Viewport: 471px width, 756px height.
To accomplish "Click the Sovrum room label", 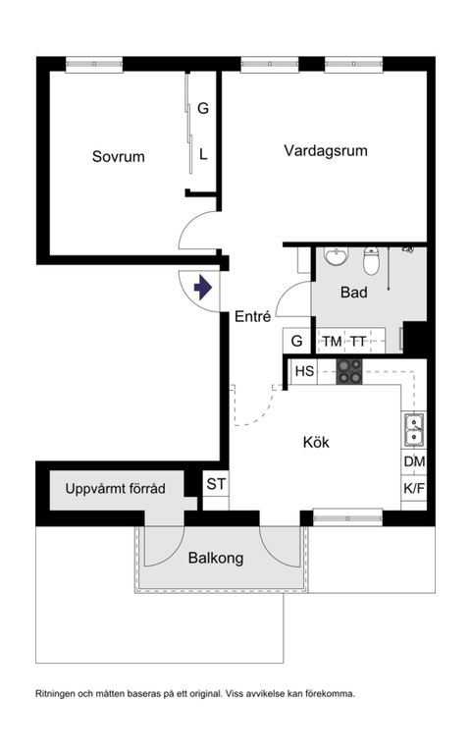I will pos(119,156).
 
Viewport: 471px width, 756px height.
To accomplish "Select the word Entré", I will pos(253,316).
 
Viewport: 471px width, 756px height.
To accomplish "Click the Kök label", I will pos(316,442).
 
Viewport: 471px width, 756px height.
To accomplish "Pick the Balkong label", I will pos(215,558).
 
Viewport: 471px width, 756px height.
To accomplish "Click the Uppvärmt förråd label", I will pos(116,488).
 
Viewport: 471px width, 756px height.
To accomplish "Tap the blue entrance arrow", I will pos(203,289).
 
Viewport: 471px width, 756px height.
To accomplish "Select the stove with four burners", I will pos(349,371).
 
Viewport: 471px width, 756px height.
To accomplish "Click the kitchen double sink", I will pos(414,429).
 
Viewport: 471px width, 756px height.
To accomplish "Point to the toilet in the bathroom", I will pos(371,261).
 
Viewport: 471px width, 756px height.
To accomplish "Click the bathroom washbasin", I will pos(337,258).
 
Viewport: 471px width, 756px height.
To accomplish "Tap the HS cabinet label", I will pos(304,371).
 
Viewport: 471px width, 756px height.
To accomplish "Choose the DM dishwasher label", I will pos(414,462).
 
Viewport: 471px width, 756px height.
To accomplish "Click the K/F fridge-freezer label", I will pos(414,488).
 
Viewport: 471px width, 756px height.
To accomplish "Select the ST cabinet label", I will pos(216,483).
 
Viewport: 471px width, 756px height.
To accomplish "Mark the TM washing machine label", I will pos(333,341).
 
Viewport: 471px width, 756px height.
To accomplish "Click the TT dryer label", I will pos(359,341).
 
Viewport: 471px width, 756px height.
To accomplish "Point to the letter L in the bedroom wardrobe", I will pos(203,154).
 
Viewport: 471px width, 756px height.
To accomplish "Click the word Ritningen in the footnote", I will pos(58,693).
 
